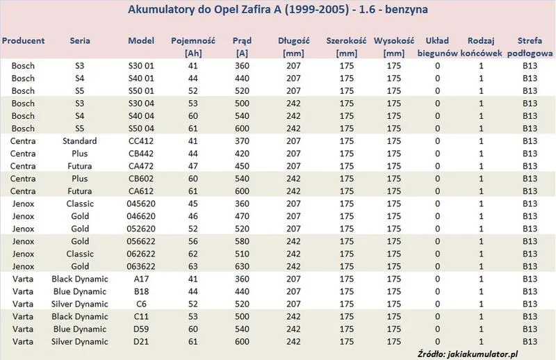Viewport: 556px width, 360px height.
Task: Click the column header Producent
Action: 23,41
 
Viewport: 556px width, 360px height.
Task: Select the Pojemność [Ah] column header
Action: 193,47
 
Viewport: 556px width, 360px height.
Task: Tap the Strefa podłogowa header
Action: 530,47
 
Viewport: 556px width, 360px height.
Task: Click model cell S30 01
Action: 141,66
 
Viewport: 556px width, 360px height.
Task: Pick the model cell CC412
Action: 141,141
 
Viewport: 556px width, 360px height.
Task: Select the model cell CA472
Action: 141,166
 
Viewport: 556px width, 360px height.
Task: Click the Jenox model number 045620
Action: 141,204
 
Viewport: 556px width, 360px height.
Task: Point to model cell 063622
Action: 141,267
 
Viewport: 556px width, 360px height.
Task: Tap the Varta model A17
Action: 141,279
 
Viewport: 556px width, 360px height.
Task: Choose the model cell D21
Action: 141,342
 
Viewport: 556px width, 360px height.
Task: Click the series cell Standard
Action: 80,141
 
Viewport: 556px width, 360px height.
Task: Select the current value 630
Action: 242,267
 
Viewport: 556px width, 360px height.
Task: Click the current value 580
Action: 242,242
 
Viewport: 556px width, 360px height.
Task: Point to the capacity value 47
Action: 193,166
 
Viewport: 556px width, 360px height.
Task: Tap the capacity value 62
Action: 193,254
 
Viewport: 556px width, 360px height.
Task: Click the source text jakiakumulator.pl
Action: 483,354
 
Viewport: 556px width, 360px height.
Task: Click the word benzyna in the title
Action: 407,10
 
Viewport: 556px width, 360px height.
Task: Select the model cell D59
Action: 141,329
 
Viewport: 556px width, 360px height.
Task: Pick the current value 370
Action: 242,141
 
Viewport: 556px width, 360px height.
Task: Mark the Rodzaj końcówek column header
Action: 481,47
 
